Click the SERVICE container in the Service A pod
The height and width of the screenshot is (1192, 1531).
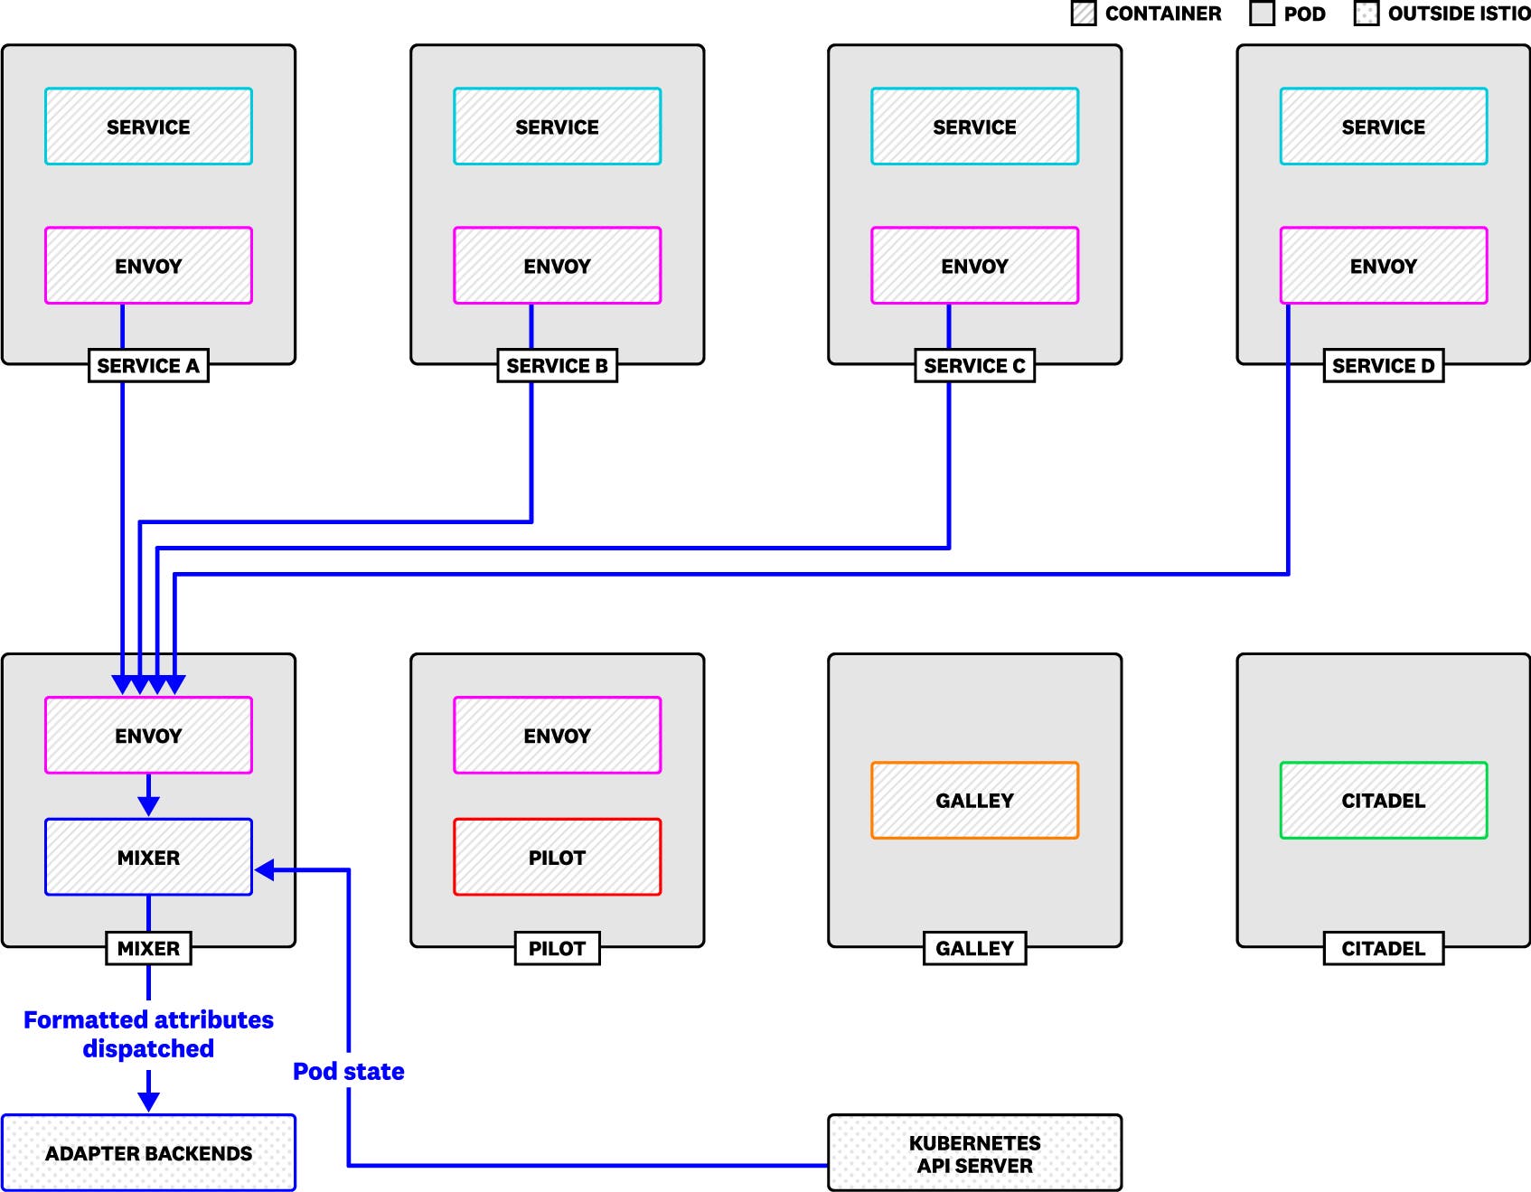(148, 127)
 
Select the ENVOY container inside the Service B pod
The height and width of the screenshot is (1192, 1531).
(557, 266)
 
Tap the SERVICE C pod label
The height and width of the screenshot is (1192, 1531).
(974, 366)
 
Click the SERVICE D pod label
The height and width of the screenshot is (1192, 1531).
(1383, 366)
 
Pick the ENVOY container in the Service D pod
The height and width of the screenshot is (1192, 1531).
(1383, 266)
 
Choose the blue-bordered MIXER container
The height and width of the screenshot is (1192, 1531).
(148, 857)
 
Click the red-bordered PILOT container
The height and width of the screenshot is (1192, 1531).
(557, 857)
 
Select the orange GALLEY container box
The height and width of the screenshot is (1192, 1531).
(974, 801)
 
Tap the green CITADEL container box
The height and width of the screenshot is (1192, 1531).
(1383, 801)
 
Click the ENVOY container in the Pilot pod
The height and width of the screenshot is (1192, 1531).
(557, 736)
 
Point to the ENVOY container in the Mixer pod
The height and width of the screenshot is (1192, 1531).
(148, 736)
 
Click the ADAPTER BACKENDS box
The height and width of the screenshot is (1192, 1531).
(148, 1153)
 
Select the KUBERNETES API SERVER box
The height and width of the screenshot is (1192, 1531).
(974, 1153)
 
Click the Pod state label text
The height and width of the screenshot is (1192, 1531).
(348, 1072)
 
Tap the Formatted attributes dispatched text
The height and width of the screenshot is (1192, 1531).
(148, 1034)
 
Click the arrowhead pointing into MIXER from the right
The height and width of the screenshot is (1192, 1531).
(265, 870)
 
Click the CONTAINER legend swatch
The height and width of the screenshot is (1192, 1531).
(1083, 14)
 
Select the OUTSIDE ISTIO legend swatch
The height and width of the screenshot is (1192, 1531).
(1366, 14)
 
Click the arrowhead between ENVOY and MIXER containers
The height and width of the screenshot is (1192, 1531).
(148, 805)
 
